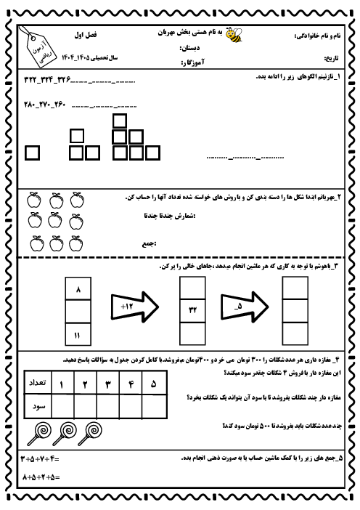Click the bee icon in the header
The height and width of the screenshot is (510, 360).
click(234, 34)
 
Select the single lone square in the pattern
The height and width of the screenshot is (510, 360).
click(33, 152)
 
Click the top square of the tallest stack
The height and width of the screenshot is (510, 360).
click(120, 121)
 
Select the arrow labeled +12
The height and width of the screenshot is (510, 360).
click(134, 311)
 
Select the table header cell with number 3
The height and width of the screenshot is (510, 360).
click(107, 382)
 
